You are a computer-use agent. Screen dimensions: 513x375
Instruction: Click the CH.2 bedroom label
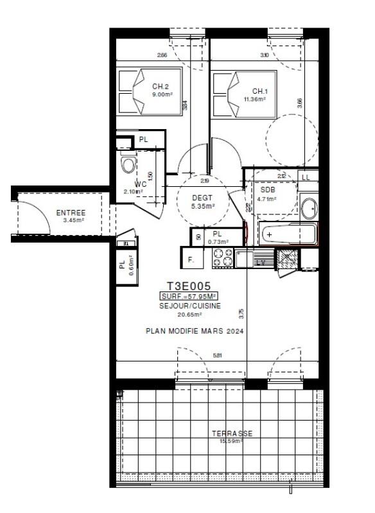[x=161, y=87]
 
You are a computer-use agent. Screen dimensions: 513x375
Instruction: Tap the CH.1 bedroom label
[x=260, y=91]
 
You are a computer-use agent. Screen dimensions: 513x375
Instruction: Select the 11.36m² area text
[x=260, y=99]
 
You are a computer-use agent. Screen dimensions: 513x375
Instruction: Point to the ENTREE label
[x=71, y=213]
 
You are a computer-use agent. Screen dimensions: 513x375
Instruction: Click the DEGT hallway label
[x=203, y=198]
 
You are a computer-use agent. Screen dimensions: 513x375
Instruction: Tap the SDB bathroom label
[x=267, y=189]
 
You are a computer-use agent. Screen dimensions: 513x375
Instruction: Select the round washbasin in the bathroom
[x=309, y=208]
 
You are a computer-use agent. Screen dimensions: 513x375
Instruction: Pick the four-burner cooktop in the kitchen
[x=223, y=257]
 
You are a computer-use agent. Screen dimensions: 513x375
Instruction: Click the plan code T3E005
[x=189, y=286]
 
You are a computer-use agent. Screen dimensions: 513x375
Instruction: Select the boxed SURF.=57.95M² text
[x=189, y=297]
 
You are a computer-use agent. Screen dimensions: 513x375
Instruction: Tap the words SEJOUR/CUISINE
[x=190, y=306]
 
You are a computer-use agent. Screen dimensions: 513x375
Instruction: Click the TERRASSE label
[x=232, y=433]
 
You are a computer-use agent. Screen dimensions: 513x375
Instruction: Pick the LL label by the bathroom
[x=306, y=177]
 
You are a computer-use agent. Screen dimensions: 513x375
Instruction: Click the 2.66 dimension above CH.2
[x=162, y=55]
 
